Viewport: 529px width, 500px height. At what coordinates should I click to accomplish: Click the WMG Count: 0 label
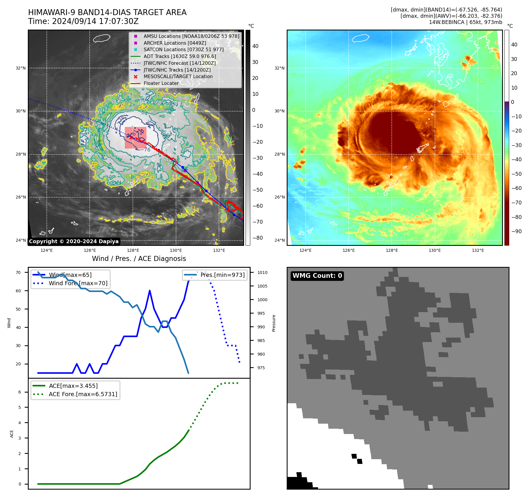point(317,276)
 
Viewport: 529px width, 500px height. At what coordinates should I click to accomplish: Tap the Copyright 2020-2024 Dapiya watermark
point(74,241)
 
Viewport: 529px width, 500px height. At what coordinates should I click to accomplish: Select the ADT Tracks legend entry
point(180,56)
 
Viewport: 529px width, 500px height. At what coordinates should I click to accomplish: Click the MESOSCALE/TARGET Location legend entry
point(178,77)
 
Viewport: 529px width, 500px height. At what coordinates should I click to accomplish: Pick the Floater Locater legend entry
point(161,83)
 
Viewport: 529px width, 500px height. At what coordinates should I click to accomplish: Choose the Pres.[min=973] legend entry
point(222,275)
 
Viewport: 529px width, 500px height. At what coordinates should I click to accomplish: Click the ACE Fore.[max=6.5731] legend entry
point(83,394)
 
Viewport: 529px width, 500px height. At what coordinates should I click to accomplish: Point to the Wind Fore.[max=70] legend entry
point(78,283)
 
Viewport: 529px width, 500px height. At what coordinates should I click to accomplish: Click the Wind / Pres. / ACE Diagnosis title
point(139,259)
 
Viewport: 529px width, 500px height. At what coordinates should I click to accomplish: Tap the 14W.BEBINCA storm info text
point(465,22)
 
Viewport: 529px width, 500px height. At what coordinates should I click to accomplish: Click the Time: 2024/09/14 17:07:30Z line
point(83,21)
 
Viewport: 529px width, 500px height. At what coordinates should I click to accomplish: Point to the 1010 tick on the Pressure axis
point(262,272)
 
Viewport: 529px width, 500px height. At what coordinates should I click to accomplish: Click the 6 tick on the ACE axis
point(20,392)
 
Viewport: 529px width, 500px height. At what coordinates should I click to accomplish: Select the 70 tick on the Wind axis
point(18,272)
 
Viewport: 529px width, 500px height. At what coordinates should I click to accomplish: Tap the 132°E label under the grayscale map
point(219,250)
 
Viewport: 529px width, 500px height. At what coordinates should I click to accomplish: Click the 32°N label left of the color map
point(279,68)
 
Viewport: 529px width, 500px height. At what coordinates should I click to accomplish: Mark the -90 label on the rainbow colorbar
point(517,231)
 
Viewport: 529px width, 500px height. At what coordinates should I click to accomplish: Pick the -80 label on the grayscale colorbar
point(257,238)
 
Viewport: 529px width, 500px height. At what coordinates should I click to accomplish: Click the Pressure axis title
point(274,323)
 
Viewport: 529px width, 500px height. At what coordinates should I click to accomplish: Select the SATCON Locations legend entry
point(183,49)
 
